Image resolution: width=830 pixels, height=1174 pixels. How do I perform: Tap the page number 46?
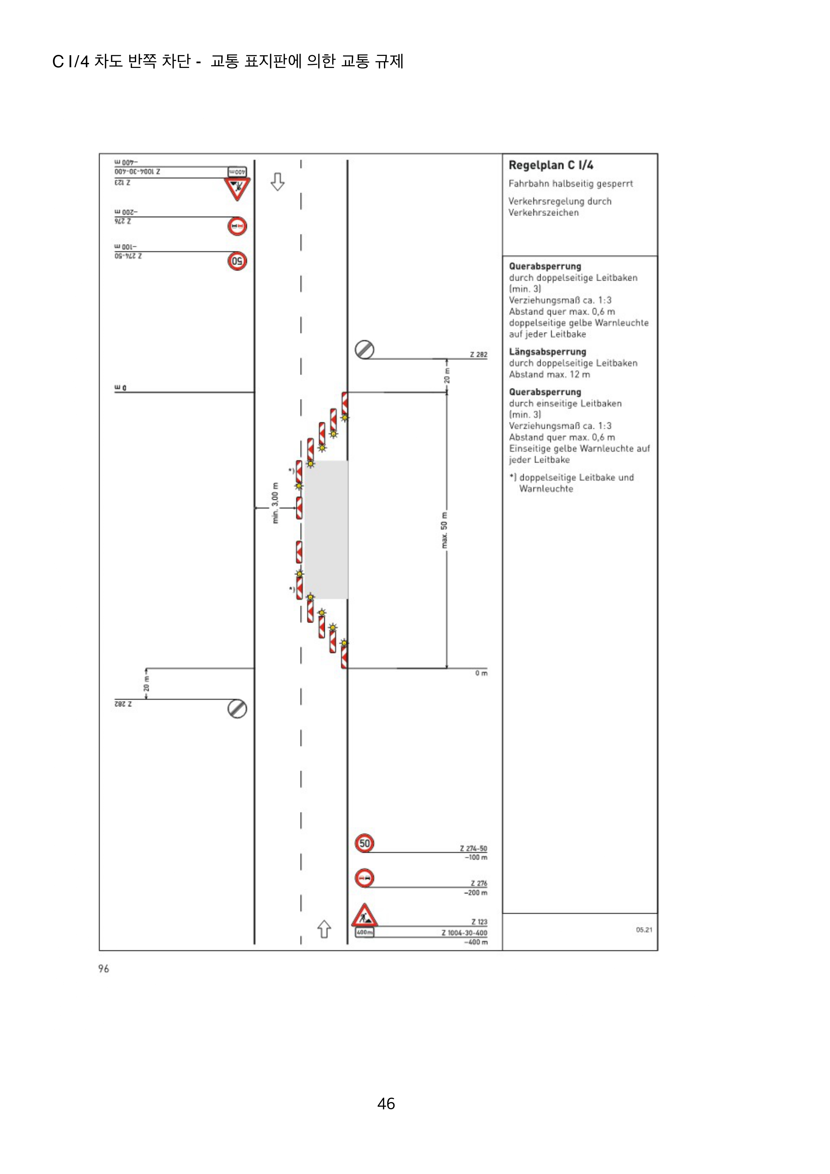[x=386, y=1103]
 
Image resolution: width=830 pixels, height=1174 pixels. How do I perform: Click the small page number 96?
[x=104, y=969]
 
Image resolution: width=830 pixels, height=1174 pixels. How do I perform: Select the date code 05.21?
[x=644, y=929]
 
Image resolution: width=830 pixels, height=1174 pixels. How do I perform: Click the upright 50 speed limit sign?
[x=364, y=843]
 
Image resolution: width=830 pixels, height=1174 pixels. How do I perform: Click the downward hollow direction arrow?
[x=277, y=182]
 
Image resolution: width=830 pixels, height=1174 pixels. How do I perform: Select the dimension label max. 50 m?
[x=444, y=530]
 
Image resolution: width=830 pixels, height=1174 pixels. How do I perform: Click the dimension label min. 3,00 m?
[x=275, y=503]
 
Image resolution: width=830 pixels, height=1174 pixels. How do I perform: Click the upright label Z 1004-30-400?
[x=464, y=933]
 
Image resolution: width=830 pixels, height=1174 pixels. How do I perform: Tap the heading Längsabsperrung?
[x=547, y=352]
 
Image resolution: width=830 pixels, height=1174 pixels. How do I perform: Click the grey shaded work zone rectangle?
[x=326, y=529]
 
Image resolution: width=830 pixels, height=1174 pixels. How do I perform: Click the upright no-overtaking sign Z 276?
[x=364, y=878]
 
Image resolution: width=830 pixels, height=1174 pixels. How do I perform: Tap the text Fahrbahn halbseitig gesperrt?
[x=570, y=184]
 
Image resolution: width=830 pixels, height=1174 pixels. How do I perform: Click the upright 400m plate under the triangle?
[x=364, y=932]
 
